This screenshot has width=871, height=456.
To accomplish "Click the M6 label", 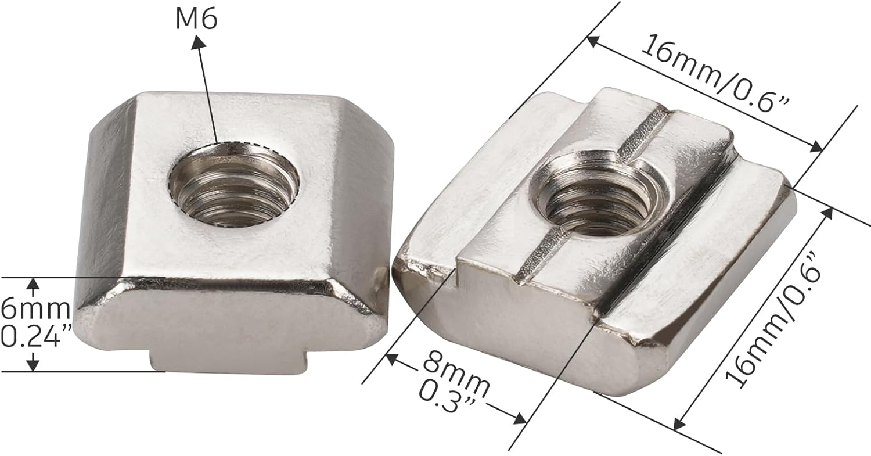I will (196, 20).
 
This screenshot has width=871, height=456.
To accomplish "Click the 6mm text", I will (35, 308).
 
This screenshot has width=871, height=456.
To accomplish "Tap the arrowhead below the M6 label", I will (199, 43).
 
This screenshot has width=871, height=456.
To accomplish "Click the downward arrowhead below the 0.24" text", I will (34, 364).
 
